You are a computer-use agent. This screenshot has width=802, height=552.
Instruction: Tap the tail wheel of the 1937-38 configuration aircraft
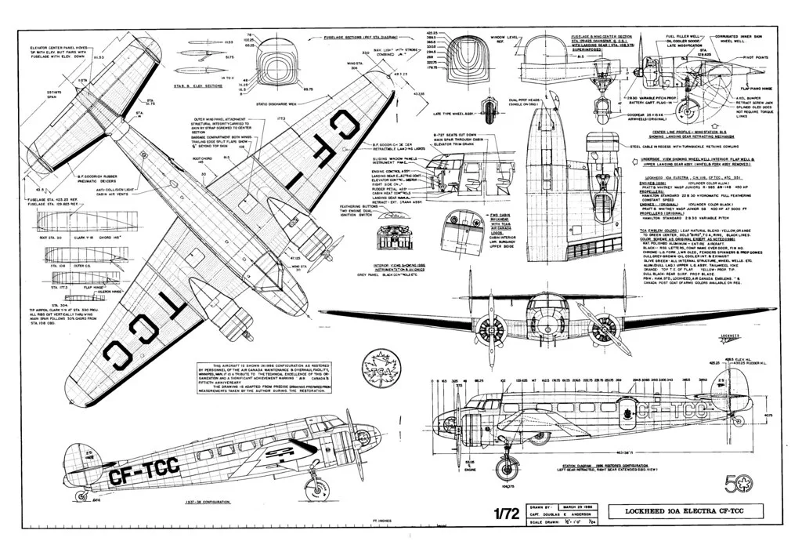click(81, 496)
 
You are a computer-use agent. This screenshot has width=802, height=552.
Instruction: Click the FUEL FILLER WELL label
click(683, 36)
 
